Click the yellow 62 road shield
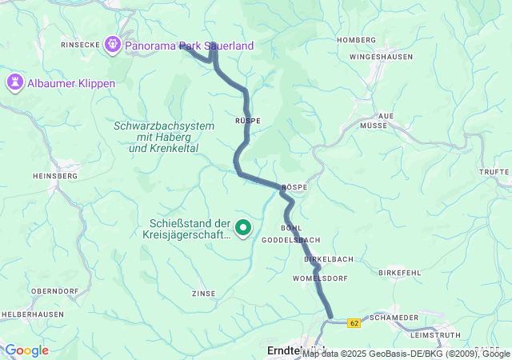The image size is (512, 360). [354, 322]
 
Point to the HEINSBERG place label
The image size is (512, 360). [54, 175]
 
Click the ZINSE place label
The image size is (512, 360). [203, 294]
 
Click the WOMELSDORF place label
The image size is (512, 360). [320, 278]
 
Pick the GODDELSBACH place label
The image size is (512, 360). [291, 240]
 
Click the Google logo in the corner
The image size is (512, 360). [26, 350]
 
